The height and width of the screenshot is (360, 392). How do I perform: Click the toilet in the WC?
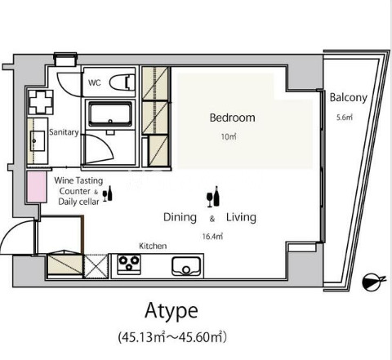(122, 82)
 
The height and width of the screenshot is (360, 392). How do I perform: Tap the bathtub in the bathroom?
(110, 114)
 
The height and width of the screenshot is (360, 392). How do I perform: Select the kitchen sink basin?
(186, 266)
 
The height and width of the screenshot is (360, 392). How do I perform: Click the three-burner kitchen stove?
(129, 264)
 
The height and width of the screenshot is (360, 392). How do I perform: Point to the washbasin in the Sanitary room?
(38, 140)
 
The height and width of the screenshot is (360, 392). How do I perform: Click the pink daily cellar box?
(37, 187)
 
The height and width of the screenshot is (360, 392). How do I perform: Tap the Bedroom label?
(233, 118)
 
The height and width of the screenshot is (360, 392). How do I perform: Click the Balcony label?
(349, 97)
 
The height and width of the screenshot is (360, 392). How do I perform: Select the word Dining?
(180, 218)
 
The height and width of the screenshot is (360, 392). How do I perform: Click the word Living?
(241, 218)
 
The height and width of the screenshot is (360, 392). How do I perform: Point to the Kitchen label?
(153, 246)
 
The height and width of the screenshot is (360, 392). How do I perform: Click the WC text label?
(95, 82)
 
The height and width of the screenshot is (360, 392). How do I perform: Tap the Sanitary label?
(64, 132)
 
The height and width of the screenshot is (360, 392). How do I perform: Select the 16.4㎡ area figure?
(212, 236)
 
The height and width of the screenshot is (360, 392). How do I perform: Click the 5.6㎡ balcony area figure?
(345, 118)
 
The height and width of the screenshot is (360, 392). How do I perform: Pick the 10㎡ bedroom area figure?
(229, 136)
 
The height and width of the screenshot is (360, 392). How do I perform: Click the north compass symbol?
(373, 282)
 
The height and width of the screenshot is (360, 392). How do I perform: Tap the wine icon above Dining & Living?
(213, 197)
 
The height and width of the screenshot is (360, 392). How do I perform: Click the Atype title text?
(171, 311)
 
